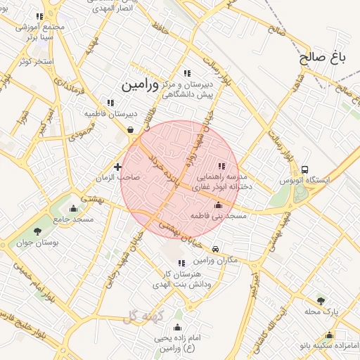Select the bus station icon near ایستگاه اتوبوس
(304, 169)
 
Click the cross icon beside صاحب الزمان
(117, 167)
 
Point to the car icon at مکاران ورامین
(216, 248)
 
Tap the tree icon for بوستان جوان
(37, 231)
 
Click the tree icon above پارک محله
(321, 300)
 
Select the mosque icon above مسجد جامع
(74, 208)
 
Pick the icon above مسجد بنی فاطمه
(217, 205)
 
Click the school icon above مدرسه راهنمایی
(222, 166)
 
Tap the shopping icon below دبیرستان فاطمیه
(131, 129)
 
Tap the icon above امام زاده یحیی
(177, 327)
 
